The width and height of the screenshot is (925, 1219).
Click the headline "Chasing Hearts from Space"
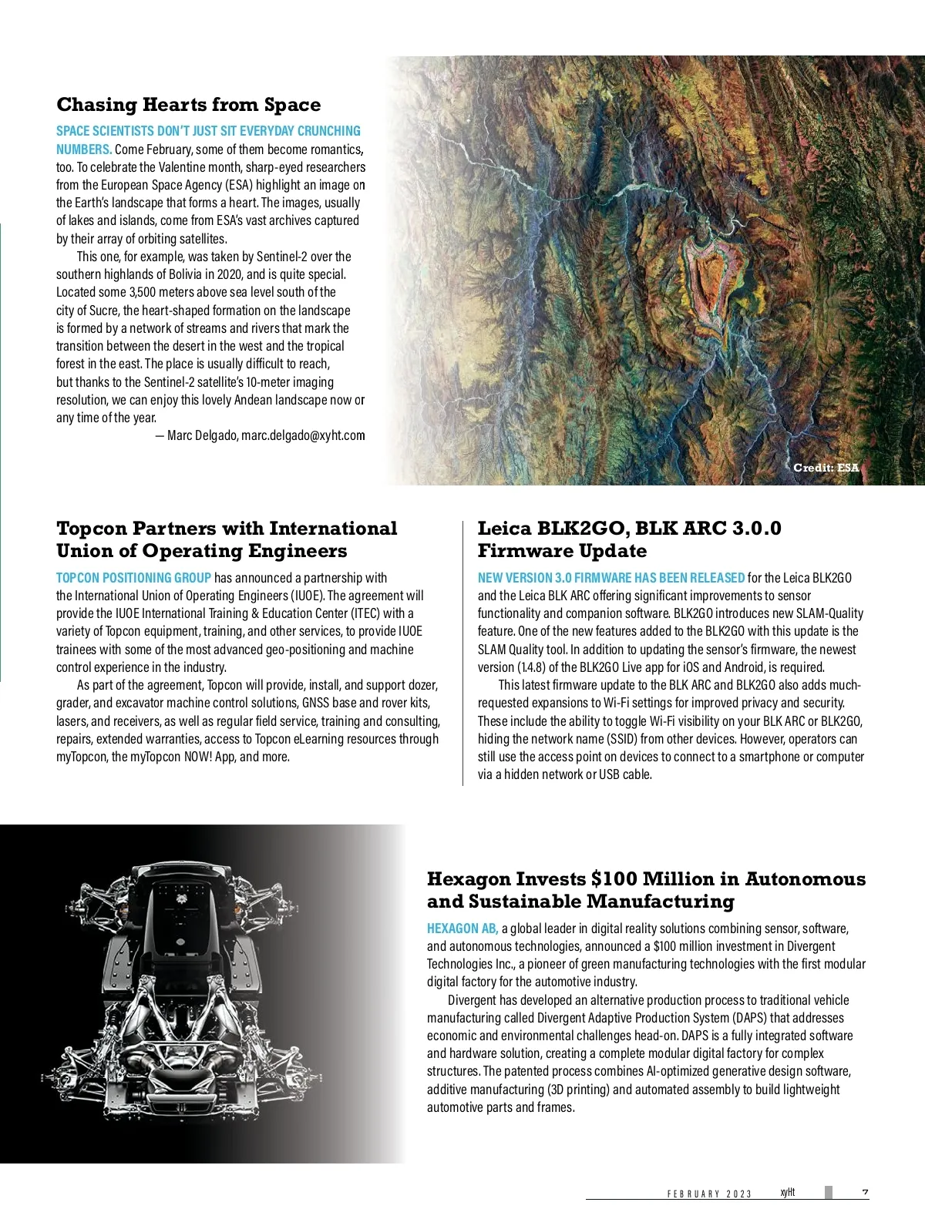(188, 105)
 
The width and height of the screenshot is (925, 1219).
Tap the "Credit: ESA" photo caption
(826, 468)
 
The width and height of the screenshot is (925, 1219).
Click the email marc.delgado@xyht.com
(303, 435)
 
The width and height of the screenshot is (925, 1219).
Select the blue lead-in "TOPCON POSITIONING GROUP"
(133, 578)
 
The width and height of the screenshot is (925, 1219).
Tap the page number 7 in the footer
(865, 1193)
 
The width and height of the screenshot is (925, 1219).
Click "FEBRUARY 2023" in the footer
(709, 1194)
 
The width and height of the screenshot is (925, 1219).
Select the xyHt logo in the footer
(787, 1193)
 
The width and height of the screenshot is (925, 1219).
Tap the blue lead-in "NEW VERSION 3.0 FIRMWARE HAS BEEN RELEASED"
(610, 578)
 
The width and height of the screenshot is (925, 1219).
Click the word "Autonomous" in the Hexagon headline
(805, 879)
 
